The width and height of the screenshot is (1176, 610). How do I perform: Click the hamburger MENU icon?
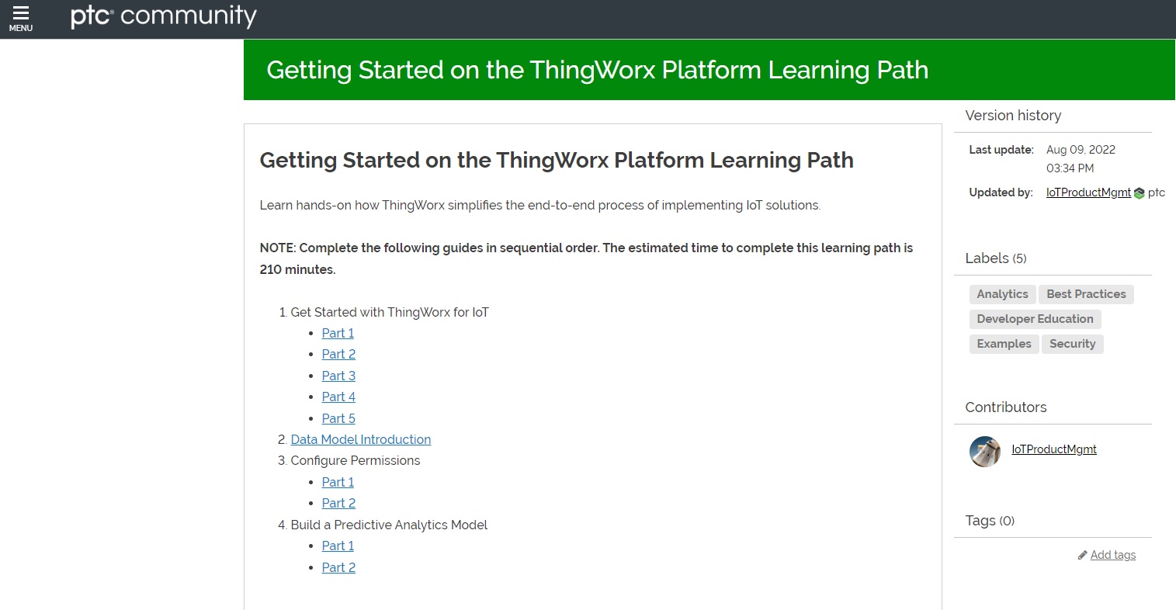pos(21,18)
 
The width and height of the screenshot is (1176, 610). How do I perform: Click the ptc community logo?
pos(163,16)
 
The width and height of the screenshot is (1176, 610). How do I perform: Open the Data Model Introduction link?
pos(360,439)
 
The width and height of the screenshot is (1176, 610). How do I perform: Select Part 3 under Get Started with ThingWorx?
pos(338,376)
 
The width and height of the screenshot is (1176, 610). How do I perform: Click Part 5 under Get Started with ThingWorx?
pos(338,418)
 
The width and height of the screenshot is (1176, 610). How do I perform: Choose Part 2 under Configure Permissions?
pos(338,503)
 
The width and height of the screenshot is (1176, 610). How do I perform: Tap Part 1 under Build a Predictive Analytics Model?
pos(338,546)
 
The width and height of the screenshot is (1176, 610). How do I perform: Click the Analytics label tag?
pos(1002,294)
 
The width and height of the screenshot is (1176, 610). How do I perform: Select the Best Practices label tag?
pos(1086,294)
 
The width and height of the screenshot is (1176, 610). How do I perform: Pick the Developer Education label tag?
pos(1035,319)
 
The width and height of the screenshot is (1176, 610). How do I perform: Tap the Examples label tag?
pos(1004,344)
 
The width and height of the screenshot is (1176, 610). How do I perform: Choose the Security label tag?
pos(1072,344)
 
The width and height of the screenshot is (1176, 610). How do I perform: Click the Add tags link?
pos(1112,555)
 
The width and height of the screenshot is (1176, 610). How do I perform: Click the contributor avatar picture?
pos(985,452)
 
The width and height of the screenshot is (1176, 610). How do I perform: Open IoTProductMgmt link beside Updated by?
pos(1088,192)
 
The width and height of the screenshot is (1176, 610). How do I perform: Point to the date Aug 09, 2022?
pos(1081,150)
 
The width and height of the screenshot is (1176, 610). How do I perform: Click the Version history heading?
pos(1013,116)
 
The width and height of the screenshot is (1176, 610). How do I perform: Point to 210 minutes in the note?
pos(297,270)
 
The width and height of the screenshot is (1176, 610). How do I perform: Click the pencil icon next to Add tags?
pos(1082,556)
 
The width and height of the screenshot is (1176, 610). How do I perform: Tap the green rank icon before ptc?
pos(1139,193)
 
